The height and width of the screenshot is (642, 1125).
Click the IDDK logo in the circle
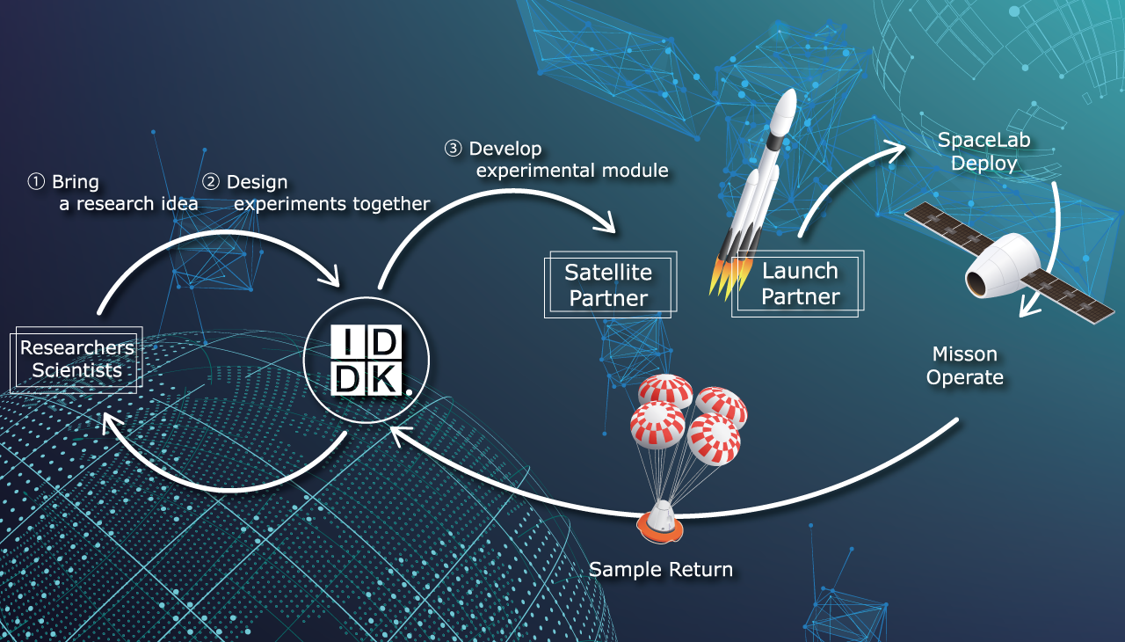pyautogui.click(x=367, y=361)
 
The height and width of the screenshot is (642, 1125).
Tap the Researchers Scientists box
pyautogui.click(x=76, y=359)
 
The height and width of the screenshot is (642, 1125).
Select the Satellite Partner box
pyautogui.click(x=609, y=284)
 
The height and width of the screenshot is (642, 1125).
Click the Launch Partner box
pyautogui.click(x=800, y=283)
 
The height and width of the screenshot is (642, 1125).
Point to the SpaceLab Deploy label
pyautogui.click(x=977, y=152)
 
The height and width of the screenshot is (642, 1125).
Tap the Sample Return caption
pyautogui.click(x=660, y=569)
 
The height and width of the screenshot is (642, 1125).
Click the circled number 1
pyautogui.click(x=36, y=182)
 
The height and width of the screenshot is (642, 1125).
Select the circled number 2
pyautogui.click(x=211, y=182)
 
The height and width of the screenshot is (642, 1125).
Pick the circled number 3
pyautogui.click(x=454, y=149)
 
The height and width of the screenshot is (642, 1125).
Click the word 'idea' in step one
pyautogui.click(x=180, y=204)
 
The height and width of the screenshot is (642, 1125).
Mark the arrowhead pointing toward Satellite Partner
pyautogui.click(x=606, y=226)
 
